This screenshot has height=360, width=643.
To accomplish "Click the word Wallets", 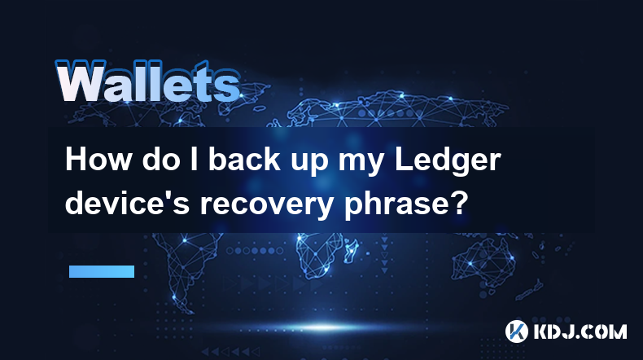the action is point(148,81).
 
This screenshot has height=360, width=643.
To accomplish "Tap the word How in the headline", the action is point(98,160).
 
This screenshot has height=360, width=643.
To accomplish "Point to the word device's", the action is point(127,202).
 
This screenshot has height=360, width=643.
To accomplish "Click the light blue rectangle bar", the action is point(102,271).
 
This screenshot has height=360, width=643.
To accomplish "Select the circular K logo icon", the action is point(516,331).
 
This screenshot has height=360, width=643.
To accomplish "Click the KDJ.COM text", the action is point(580,331).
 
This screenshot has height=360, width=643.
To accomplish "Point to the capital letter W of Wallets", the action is point(79,81).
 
